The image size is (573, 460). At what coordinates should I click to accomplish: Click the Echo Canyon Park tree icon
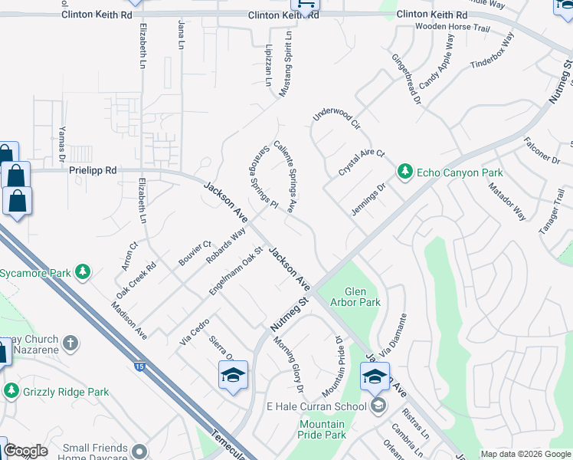[405, 172]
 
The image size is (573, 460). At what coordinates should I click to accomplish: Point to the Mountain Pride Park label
[322, 429]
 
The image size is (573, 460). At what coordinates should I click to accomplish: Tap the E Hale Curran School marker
[377, 406]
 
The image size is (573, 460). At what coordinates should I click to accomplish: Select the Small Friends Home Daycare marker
[139, 451]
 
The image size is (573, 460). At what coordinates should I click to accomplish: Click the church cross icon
[70, 343]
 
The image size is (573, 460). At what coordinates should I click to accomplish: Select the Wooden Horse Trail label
[451, 27]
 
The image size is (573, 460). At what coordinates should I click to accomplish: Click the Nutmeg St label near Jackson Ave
[287, 316]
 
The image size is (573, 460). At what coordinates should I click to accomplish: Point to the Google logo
[25, 451]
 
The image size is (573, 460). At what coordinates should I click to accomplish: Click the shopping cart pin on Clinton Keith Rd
[306, 5]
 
